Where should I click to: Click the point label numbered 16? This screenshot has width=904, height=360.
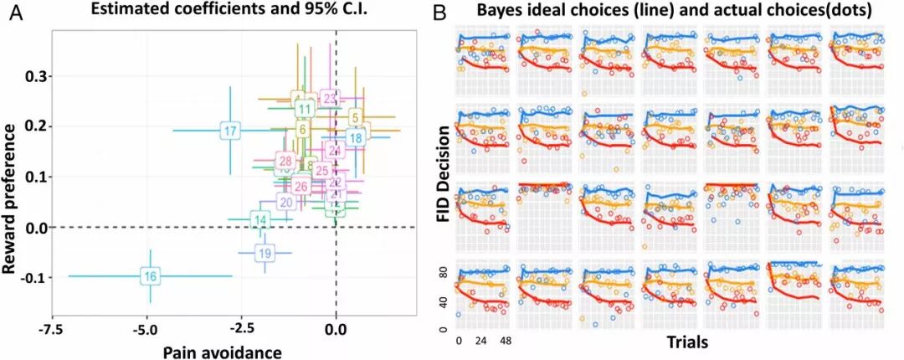[x=150, y=276]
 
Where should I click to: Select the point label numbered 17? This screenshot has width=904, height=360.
[x=231, y=131]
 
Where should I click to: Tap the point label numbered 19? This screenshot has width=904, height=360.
[x=265, y=254]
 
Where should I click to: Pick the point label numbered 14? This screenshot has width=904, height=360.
[x=261, y=221]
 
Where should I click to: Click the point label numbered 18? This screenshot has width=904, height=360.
[x=356, y=138]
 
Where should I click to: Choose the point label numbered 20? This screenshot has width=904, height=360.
[x=286, y=202]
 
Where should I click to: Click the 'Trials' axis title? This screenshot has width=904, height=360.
[x=691, y=342]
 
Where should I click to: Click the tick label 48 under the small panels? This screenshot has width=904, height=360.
[x=506, y=342]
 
